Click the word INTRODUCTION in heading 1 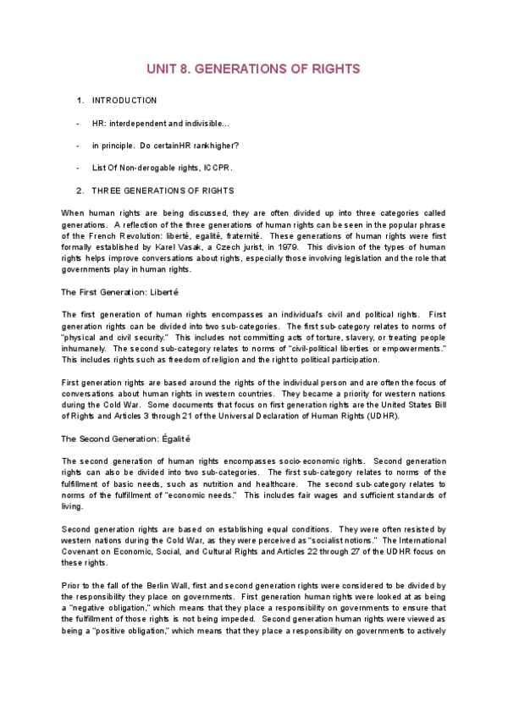tap(124, 101)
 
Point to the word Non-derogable tap(145, 168)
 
